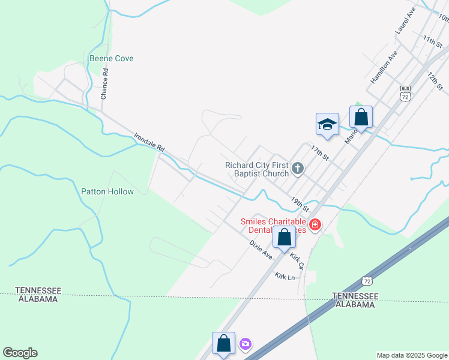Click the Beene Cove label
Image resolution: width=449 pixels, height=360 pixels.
coord(111,58)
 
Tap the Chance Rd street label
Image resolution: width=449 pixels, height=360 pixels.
coord(104,83)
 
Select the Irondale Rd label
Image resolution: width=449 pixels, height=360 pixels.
coord(149,142)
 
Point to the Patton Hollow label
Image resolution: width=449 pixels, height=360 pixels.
coord(107,191)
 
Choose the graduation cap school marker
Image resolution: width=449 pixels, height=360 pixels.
coord(327,124)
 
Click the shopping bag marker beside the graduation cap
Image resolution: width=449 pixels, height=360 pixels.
coord(361,116)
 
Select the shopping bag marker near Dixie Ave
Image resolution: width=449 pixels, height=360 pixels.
coord(284,237)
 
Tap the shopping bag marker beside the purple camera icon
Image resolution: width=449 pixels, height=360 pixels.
coord(223,344)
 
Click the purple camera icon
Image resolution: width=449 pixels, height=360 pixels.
coord(245,344)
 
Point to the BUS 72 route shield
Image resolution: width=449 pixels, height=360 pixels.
coord(405,92)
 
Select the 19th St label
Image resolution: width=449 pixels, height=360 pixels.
coord(299,204)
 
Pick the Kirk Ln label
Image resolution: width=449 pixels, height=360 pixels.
coord(285,277)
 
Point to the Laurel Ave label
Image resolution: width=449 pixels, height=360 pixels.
coord(405,21)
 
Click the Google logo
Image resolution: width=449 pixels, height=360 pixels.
coord(20,353)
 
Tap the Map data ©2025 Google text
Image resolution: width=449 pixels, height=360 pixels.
coord(412,355)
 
